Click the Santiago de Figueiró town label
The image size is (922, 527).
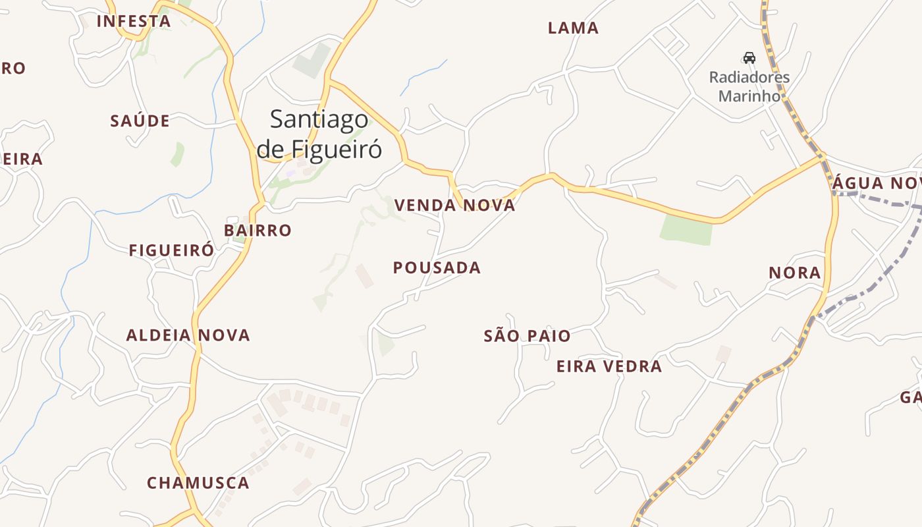tap(319, 134)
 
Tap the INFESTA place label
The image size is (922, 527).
tap(133, 21)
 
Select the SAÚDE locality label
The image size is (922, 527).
tap(140, 121)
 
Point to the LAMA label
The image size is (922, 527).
tap(573, 28)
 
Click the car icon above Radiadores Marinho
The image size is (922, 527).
tap(749, 57)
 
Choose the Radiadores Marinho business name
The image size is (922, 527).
tap(749, 86)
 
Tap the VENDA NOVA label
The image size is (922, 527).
tap(454, 206)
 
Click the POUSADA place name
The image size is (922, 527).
tap(437, 268)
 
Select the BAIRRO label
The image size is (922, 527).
tap(258, 231)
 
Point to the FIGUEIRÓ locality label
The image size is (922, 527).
tap(171, 251)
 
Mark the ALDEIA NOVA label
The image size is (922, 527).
tap(188, 335)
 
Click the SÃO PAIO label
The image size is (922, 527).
tap(527, 337)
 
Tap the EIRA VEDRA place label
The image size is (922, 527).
tap(609, 367)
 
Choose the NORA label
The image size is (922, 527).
tap(795, 273)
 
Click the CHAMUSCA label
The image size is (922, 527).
tap(198, 483)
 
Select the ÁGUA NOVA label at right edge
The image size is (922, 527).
tap(876, 184)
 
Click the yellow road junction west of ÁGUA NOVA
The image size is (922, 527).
tap(822, 157)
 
